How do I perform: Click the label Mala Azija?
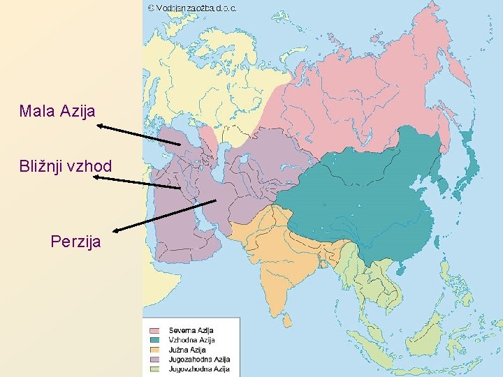pos(57,110)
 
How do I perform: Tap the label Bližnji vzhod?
pos(66,166)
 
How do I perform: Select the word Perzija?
pos(75,242)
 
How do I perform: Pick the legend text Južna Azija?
pos(187,349)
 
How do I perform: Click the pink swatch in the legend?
pos(154,330)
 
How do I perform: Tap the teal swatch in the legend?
pos(154,339)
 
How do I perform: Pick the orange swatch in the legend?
pos(154,349)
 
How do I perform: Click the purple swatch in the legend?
pos(154,359)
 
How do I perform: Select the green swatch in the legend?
pos(154,369)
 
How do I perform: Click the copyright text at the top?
pos(192,8)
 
